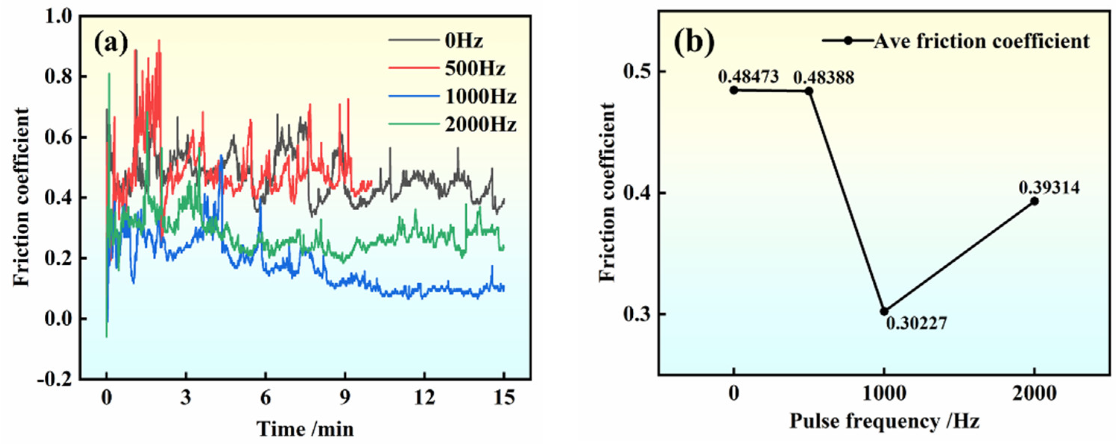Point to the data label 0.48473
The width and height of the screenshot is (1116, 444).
[748, 77]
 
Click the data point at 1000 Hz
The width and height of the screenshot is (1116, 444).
[884, 311]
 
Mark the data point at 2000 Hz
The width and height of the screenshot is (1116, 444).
[1034, 201]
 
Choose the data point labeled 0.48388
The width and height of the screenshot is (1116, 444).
[809, 91]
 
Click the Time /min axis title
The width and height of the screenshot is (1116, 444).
[306, 429]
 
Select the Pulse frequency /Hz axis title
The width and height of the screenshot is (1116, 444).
[884, 421]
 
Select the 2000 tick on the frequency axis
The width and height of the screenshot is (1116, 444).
[1034, 394]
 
